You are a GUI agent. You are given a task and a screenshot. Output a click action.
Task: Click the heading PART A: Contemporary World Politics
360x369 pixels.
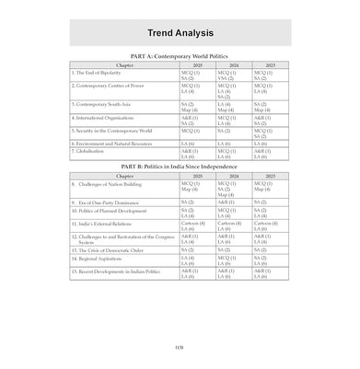click(180, 57)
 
